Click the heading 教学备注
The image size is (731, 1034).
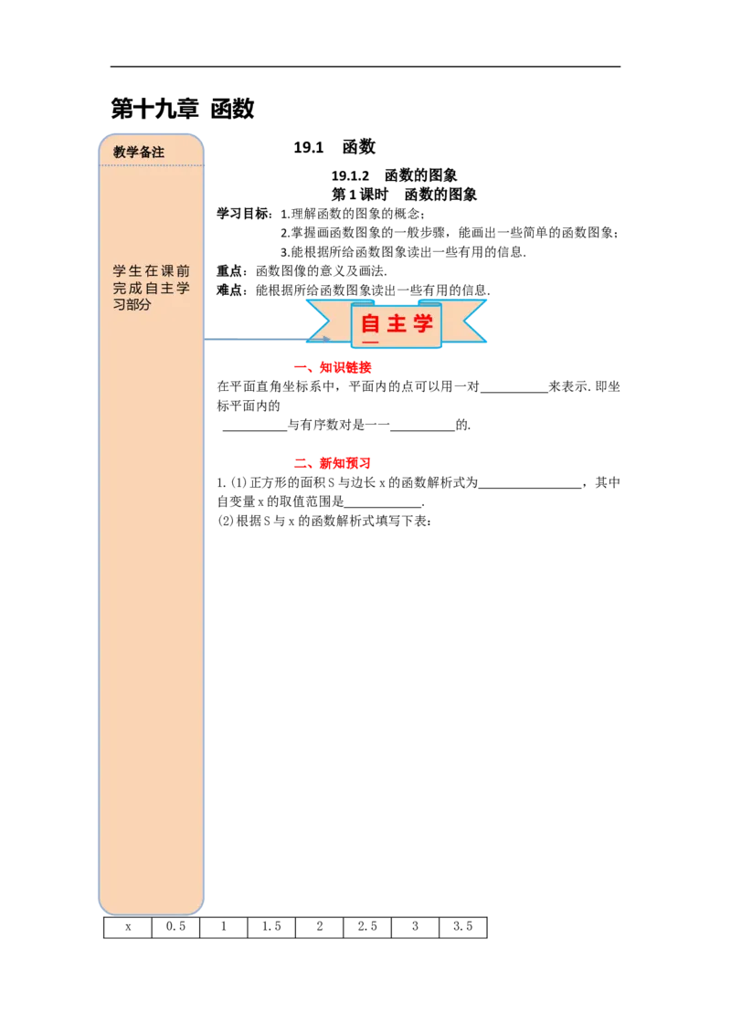[x=139, y=153]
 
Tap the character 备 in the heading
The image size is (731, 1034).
[x=145, y=153]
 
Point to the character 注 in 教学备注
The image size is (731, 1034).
[x=158, y=153]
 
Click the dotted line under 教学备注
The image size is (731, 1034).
[x=152, y=165]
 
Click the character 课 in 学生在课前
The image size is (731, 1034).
[x=167, y=271]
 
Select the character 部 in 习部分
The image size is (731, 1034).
[x=133, y=305]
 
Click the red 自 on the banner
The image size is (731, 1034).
[x=370, y=323]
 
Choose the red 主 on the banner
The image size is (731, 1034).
[x=397, y=323]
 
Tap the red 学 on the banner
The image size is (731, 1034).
[x=422, y=323]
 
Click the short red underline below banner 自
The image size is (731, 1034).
[x=370, y=343]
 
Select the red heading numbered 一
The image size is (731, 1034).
[x=333, y=368]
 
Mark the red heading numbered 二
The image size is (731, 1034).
[x=333, y=464]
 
